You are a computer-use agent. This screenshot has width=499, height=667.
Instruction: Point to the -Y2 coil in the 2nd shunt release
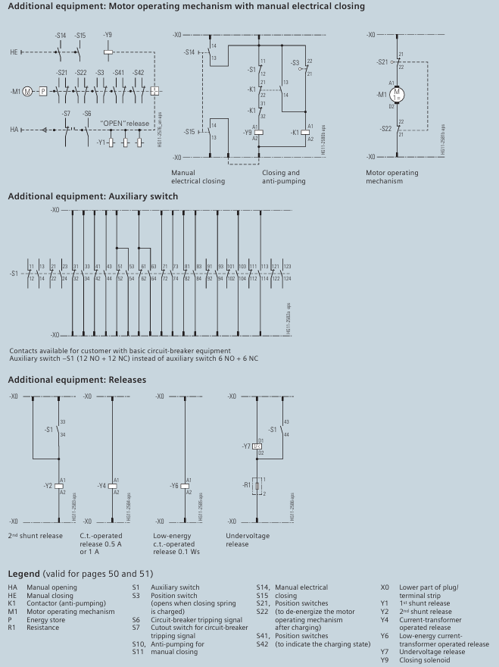click(59, 485)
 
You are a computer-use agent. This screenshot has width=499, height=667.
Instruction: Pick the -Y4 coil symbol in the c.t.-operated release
click(112, 485)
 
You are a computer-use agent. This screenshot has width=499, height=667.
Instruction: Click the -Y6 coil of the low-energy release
click(186, 485)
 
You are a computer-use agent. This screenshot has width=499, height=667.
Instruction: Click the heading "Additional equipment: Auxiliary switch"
click(93, 196)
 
